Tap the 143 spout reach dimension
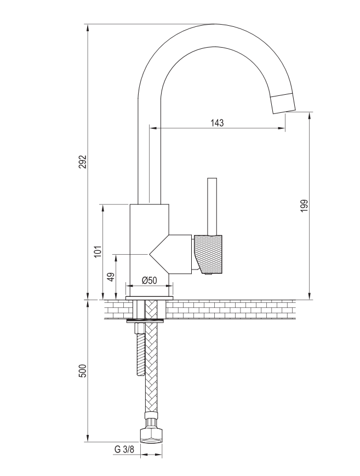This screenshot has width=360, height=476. tap(217, 123)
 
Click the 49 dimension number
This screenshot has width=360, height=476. tap(111, 276)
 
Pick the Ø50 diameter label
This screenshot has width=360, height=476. tap(150, 280)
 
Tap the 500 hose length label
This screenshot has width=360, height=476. tap(83, 371)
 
